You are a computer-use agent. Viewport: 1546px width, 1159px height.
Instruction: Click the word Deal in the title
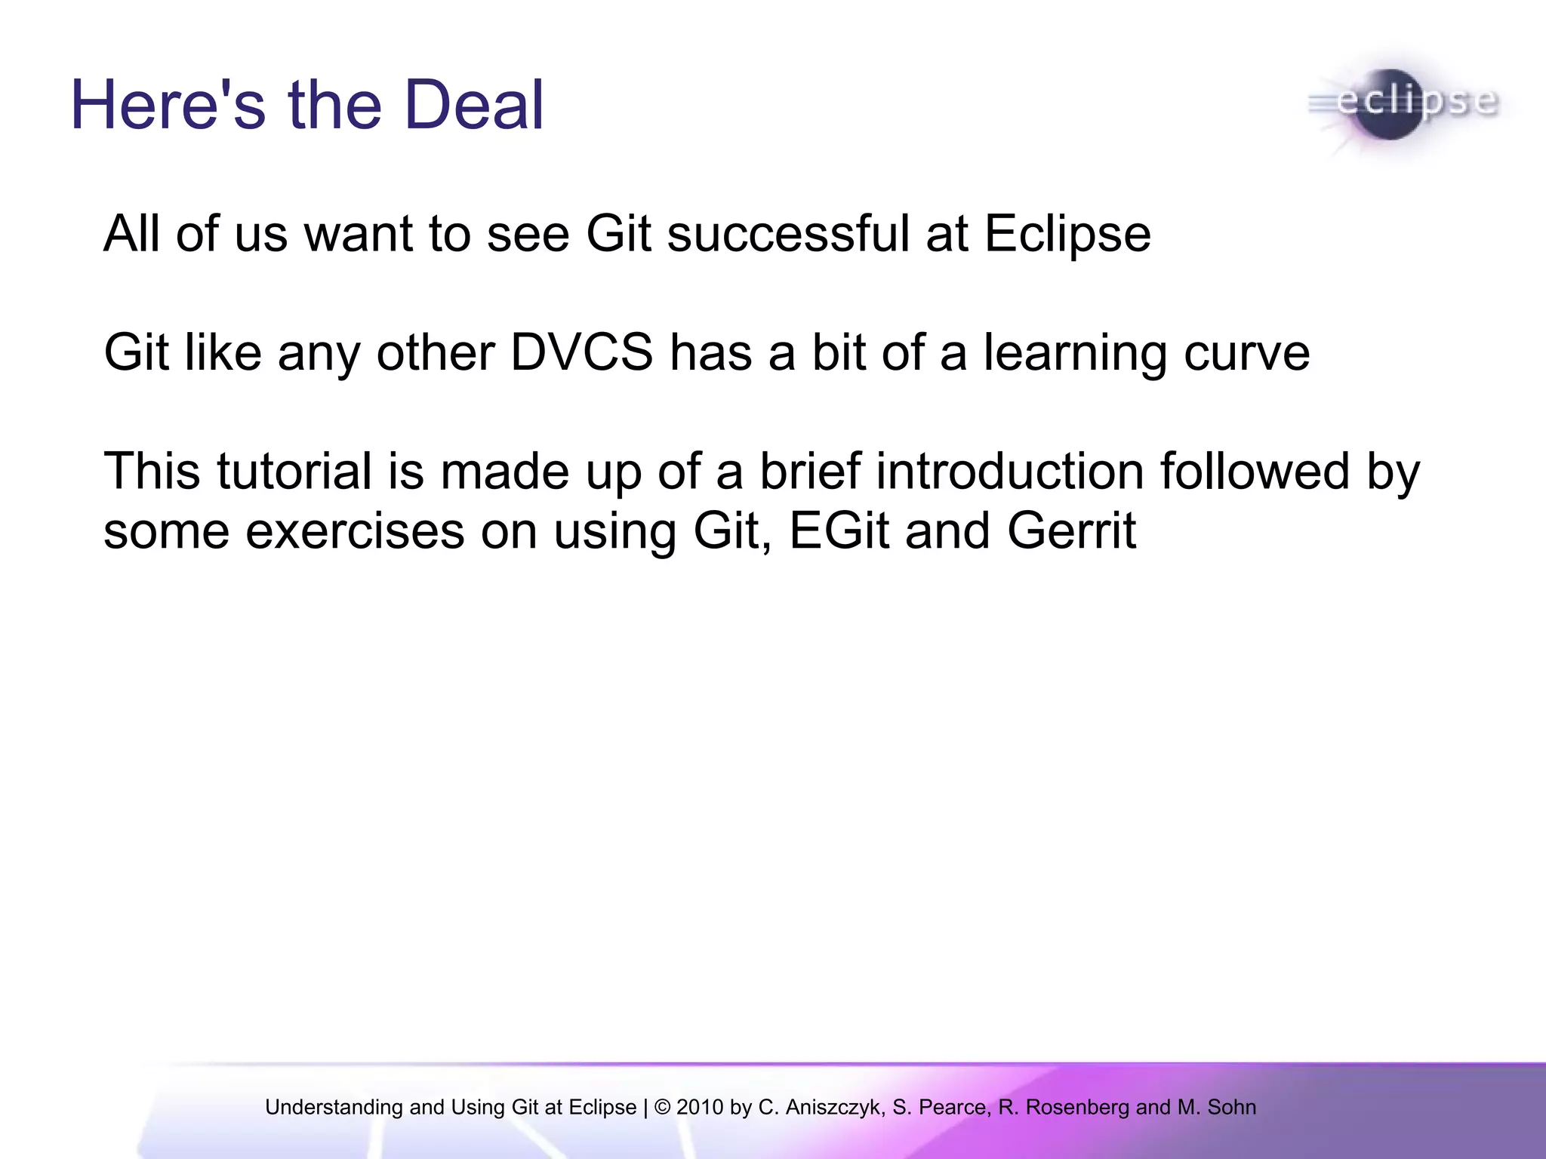(473, 105)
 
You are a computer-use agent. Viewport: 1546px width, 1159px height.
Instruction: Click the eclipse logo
(1403, 105)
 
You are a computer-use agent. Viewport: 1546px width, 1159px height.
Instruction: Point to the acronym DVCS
(581, 352)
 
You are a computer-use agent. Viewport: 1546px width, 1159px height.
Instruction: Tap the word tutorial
(294, 472)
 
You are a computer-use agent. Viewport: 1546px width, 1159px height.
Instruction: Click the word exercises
(355, 531)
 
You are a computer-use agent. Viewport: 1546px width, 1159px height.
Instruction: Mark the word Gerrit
(1071, 531)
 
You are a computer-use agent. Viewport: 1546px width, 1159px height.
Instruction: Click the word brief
(809, 472)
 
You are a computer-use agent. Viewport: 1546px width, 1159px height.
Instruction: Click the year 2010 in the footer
(701, 1108)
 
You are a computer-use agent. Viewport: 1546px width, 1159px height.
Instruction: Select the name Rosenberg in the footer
(1077, 1108)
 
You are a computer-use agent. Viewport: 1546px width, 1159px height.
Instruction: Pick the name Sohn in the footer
(1232, 1108)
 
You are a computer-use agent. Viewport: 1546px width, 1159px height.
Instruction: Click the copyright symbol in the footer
(662, 1108)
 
